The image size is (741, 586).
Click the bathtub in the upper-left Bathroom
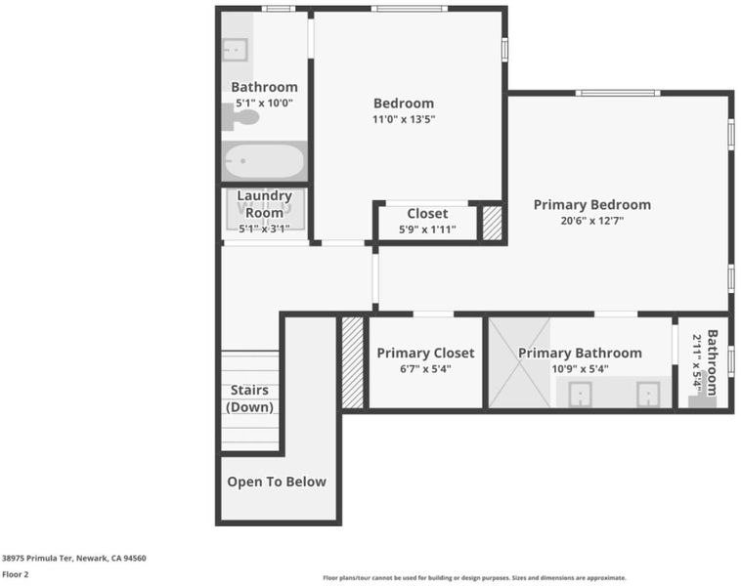264,160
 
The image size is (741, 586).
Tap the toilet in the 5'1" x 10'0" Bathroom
240,117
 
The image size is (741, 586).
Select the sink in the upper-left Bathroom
235,50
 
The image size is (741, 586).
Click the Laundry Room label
264,204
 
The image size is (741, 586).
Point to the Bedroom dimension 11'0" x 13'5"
404,119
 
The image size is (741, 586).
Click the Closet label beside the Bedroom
427,214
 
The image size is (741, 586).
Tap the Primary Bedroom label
592,204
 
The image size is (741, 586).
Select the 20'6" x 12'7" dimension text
592,221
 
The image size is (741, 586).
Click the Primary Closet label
425,353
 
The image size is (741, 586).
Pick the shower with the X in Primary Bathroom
519,362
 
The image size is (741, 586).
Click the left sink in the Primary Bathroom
581,395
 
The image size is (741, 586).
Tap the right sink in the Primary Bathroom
648,395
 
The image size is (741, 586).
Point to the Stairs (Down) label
249,398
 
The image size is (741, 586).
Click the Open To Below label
277,481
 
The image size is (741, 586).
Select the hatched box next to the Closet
492,223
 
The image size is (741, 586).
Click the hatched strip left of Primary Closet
353,362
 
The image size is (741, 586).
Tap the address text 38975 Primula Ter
37,558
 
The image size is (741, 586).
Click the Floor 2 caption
15,574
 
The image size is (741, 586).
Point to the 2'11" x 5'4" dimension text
697,359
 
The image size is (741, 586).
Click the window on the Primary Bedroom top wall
618,93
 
